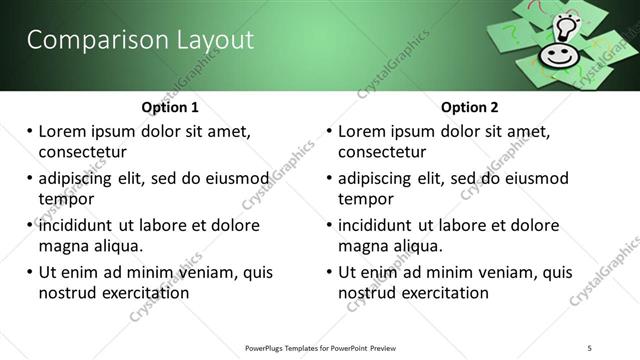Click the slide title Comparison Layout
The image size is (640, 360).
(x=140, y=40)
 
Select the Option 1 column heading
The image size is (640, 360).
(x=170, y=107)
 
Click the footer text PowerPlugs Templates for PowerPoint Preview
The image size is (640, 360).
(x=320, y=348)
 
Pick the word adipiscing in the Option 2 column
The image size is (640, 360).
(x=374, y=178)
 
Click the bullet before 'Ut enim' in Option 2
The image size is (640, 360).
(x=329, y=272)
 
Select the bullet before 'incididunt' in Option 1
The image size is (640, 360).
(x=29, y=225)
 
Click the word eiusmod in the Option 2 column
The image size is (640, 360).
(x=533, y=178)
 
